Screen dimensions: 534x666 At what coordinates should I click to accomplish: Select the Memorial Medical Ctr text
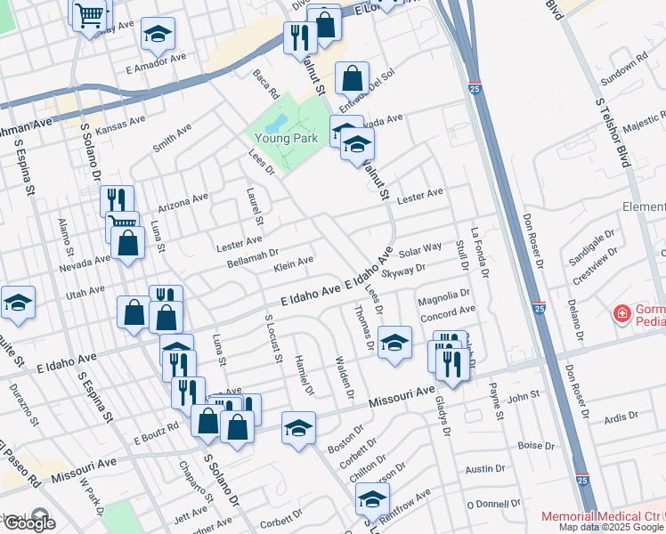click(602, 517)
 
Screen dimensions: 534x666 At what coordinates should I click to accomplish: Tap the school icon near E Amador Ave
click(158, 35)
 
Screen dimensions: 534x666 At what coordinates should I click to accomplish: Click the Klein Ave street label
click(294, 263)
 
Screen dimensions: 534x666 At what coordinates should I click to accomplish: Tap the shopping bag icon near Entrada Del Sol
click(353, 77)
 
